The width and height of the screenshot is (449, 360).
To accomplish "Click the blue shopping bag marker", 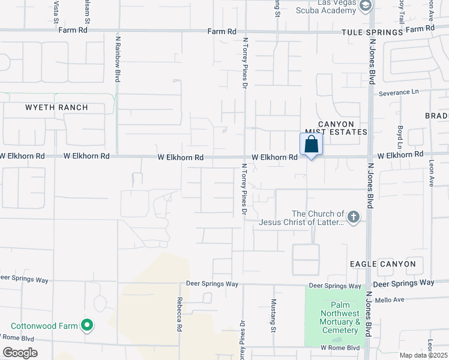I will [x=311, y=145].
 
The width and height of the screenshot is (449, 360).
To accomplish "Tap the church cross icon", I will [x=354, y=217].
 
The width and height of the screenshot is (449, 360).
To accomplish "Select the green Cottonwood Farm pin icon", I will [x=87, y=326].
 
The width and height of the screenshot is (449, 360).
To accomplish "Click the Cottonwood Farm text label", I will [x=45, y=326].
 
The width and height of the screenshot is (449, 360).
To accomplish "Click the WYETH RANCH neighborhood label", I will [x=57, y=108].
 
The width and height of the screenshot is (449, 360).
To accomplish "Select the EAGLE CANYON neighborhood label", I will [x=383, y=264].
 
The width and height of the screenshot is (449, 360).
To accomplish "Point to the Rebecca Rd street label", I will [x=179, y=315].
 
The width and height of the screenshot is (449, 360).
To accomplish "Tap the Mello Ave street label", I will [x=390, y=299].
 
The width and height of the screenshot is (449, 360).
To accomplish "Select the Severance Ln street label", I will [x=399, y=92].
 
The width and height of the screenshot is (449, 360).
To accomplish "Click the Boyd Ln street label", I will [x=400, y=137].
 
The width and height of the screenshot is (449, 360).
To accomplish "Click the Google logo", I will [x=19, y=352].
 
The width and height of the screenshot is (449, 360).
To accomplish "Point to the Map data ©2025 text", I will [x=423, y=355].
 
